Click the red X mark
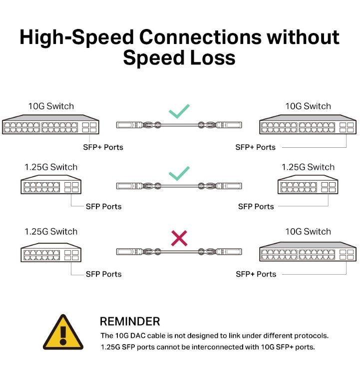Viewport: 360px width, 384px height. tap(179, 238)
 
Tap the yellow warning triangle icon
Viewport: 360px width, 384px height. tap(62, 333)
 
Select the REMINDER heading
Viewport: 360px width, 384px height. tap(130, 322)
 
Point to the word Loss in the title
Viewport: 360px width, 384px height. tap(210, 58)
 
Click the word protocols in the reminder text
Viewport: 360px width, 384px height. tap(311, 336)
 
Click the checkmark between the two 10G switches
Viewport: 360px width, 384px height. tap(179, 110)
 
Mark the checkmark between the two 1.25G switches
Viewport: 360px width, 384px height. tap(179, 173)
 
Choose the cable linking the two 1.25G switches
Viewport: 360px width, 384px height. tap(179, 186)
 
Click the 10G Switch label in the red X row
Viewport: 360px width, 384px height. tap(308, 232)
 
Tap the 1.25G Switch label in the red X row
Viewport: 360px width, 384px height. tap(51, 232)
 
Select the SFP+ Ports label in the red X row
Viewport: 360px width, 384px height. tap(256, 274)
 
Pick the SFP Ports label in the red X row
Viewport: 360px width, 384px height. tap(103, 274)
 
